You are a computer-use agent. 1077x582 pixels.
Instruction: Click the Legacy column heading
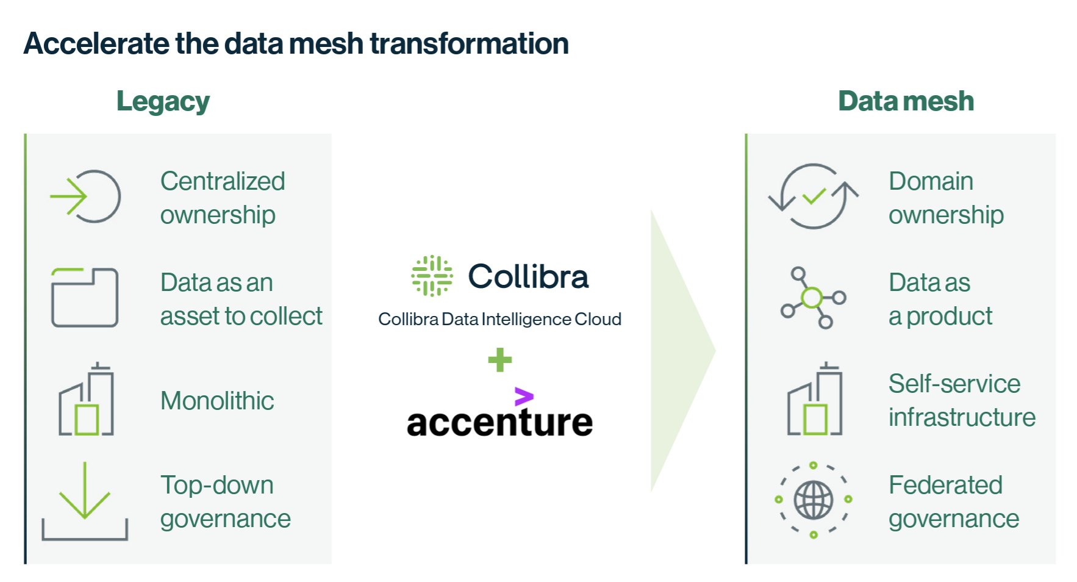(x=163, y=102)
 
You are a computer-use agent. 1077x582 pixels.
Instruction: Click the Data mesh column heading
(x=906, y=101)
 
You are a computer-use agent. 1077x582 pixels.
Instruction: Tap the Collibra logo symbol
(x=432, y=276)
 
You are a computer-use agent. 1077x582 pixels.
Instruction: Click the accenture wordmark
(x=499, y=422)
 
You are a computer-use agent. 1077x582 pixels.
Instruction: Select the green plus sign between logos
(x=500, y=360)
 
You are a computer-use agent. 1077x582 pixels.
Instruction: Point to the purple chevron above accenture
(x=524, y=397)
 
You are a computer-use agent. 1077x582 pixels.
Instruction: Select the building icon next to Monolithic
(x=87, y=399)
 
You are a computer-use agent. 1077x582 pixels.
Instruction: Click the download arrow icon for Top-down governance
(x=84, y=501)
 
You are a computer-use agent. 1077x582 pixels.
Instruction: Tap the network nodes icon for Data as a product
(x=813, y=298)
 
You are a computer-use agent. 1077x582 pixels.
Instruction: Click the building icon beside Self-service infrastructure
(x=815, y=399)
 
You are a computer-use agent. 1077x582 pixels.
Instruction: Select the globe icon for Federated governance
(x=813, y=500)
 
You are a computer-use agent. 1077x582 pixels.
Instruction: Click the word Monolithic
(x=217, y=401)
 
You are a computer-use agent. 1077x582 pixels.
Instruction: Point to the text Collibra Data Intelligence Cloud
(x=499, y=319)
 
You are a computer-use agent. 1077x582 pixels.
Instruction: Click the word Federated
(x=945, y=485)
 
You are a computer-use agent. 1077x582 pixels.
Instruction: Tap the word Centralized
(x=223, y=181)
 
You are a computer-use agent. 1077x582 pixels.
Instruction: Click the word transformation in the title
(x=469, y=44)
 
